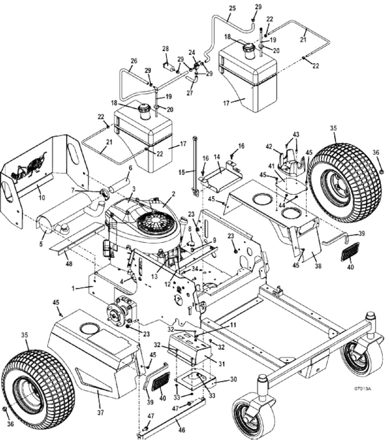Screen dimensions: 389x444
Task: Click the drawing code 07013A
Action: (362, 388)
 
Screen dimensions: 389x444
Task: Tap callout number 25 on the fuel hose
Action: (232, 8)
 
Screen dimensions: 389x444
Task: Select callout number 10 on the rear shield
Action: (42, 197)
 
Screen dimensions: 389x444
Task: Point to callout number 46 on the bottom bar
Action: (181, 430)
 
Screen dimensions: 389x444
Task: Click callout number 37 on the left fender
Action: (101, 413)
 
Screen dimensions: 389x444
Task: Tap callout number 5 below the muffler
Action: (41, 243)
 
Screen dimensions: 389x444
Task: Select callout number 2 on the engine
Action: (173, 194)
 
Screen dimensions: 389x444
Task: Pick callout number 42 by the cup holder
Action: (269, 147)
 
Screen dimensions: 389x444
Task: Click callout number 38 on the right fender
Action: (318, 266)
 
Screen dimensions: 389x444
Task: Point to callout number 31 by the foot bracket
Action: (221, 364)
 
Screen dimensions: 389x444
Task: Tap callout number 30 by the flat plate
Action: (234, 379)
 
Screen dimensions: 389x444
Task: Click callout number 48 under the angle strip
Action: (69, 264)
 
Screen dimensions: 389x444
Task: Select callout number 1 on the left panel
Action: (73, 288)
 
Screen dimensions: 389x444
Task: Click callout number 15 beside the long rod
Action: (182, 172)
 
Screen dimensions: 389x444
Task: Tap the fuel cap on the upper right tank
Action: (249, 50)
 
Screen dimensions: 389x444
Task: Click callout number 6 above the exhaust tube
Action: (130, 168)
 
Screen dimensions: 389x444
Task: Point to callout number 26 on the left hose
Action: (134, 61)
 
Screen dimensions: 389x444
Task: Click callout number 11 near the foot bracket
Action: (233, 325)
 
